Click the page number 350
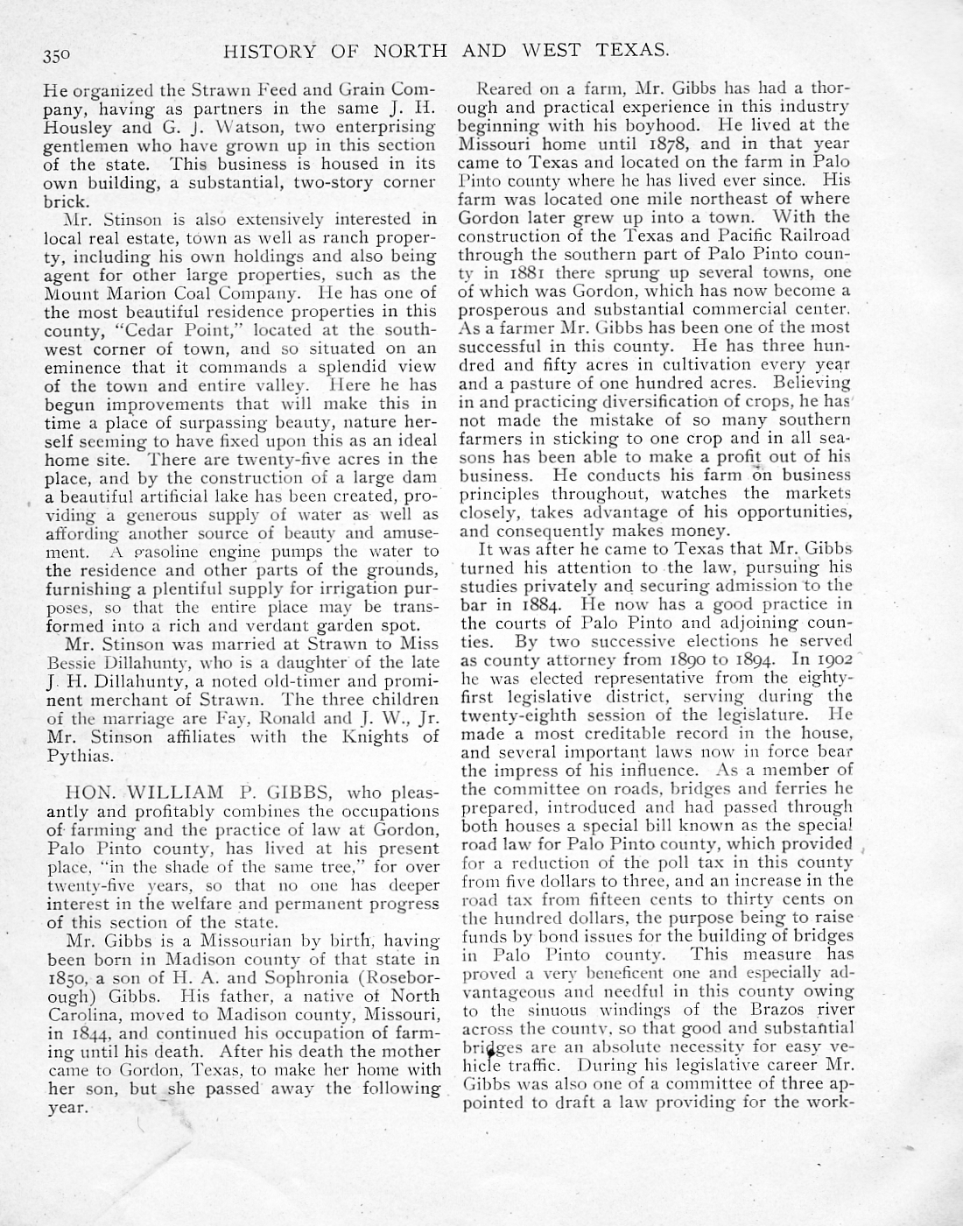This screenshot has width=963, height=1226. pos(58,53)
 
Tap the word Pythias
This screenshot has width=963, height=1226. pos(79,756)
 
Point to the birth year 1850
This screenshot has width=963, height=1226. pos(65,977)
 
